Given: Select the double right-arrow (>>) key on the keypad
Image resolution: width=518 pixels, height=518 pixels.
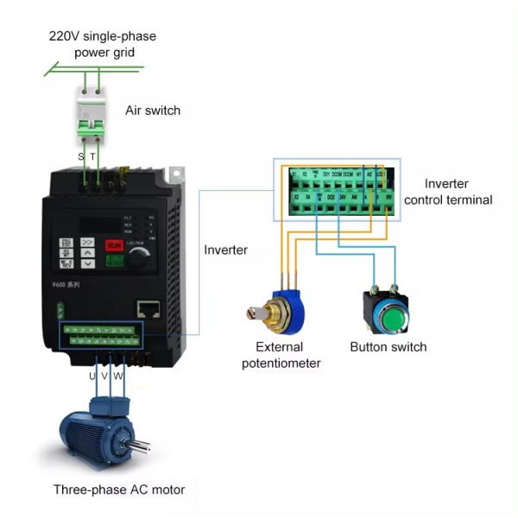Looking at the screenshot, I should (x=88, y=243).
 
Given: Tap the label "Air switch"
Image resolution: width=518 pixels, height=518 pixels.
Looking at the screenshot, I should (x=153, y=111).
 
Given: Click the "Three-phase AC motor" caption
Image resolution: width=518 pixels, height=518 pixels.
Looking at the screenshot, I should (x=119, y=490).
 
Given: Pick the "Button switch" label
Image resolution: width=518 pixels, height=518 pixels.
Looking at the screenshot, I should (x=388, y=347).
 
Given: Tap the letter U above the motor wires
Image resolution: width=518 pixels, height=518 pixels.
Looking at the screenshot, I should (x=92, y=376).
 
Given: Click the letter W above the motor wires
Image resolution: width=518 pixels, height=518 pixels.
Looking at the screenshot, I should (x=118, y=376).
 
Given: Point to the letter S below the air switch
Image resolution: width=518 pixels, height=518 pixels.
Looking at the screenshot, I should (x=81, y=156).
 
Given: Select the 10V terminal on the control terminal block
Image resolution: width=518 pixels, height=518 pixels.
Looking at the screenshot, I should (x=388, y=197).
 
